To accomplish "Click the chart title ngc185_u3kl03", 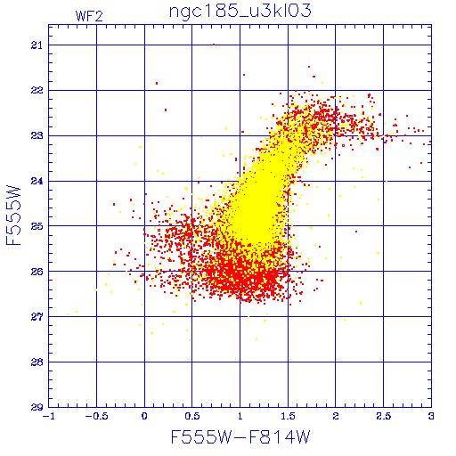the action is tap(240, 12).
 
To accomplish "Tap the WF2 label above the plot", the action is tap(89, 16).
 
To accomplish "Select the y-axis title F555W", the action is tap(13, 216).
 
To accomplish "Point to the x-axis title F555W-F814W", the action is tap(240, 437).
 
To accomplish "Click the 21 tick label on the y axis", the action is tap(37, 45).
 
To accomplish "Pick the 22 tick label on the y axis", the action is tap(37, 90).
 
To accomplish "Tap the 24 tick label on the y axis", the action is tap(37, 181).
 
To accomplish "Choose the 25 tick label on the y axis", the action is tap(37, 226).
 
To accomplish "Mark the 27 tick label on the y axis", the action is tap(37, 317).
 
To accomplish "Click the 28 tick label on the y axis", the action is tap(37, 362).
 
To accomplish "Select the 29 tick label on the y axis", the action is tap(37, 407).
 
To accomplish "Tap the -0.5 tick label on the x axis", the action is tap(96, 416).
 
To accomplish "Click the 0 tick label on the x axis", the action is tap(144, 416).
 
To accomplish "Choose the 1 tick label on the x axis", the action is tap(240, 416).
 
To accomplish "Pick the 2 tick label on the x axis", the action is tap(336, 416).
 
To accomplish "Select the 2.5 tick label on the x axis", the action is tap(384, 416).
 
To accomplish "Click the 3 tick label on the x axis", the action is tap(431, 416).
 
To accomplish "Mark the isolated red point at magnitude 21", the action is tap(214, 45).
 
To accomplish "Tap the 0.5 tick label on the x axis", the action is tap(192, 416).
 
